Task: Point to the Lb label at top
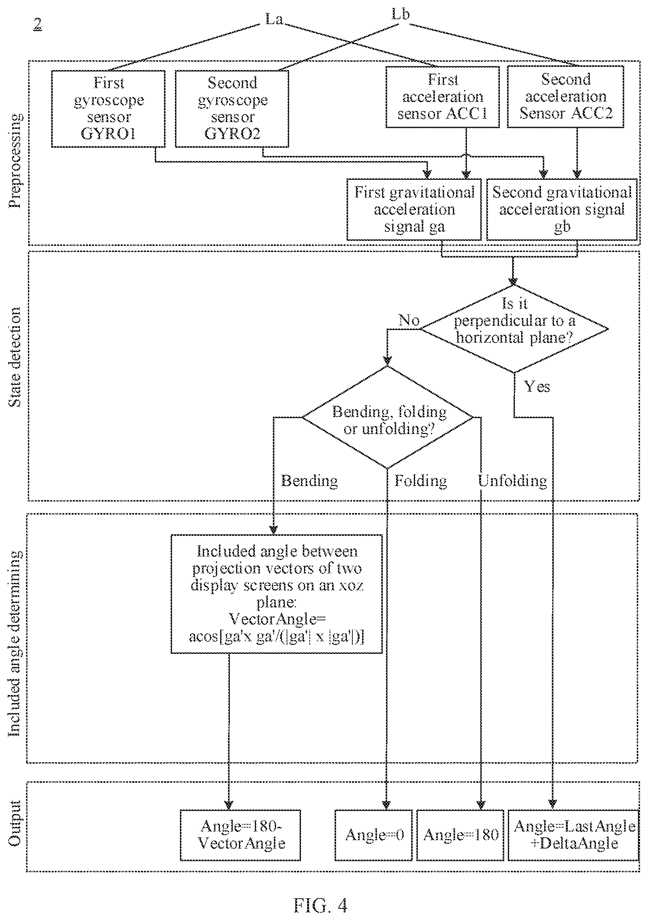[400, 14]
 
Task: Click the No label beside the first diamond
[409, 320]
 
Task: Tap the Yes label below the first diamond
[537, 387]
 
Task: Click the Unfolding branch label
[512, 481]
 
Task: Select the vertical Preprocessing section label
[15, 161]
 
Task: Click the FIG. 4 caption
[321, 905]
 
